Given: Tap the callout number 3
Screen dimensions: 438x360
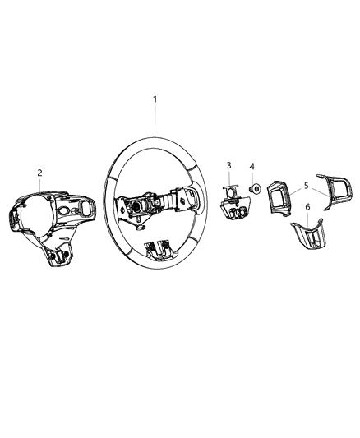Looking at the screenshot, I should coord(229,166).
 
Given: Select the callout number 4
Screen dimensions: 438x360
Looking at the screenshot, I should coord(253,167).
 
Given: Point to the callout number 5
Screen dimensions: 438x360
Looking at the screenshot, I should coord(306,186).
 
